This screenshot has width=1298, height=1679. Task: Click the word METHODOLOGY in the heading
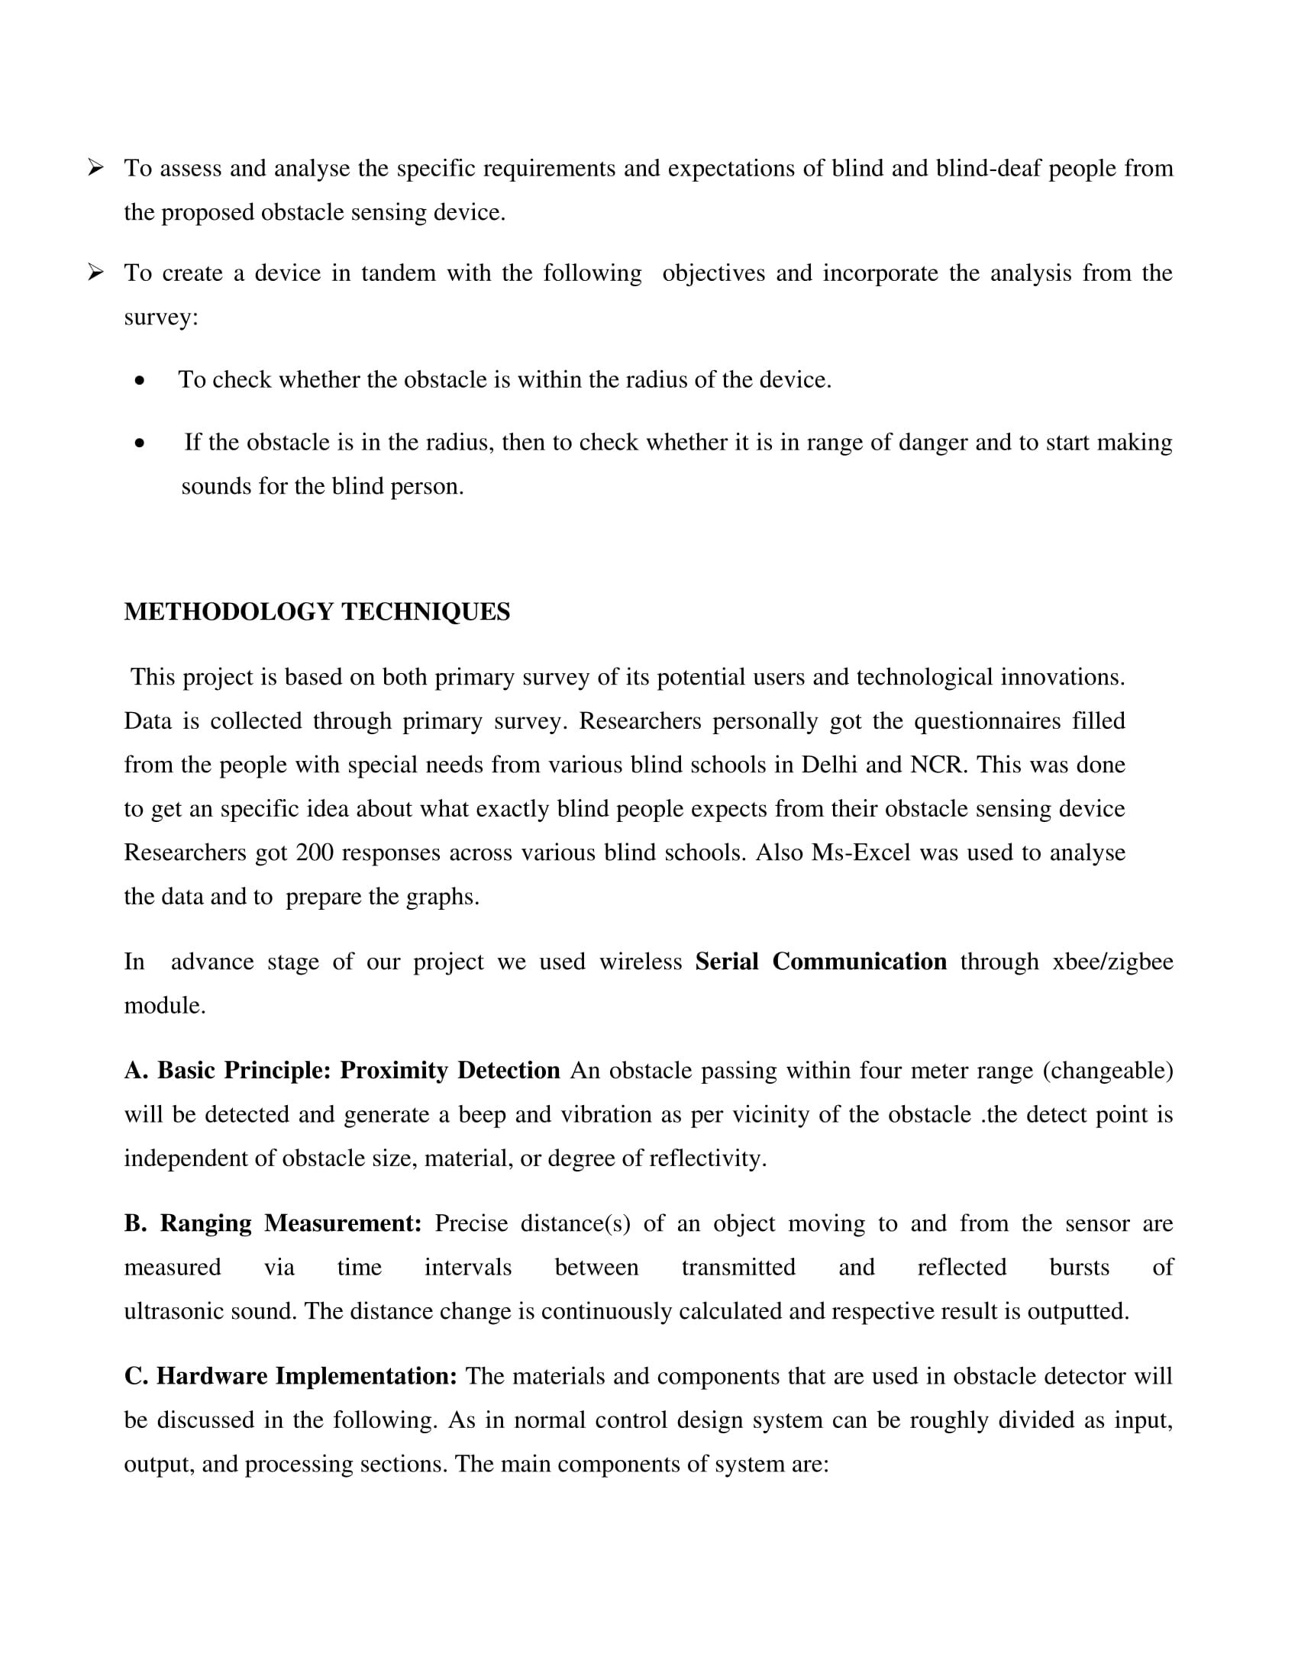(228, 612)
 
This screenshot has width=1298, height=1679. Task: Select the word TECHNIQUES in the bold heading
(425, 612)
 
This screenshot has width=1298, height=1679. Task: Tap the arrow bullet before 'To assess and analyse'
(95, 167)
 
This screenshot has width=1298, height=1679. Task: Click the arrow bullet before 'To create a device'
(95, 272)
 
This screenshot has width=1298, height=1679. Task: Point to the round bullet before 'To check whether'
(139, 381)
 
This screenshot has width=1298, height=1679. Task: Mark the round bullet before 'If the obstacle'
(139, 443)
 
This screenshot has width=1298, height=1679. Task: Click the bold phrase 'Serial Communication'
(821, 962)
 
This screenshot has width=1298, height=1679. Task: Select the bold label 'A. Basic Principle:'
(228, 1071)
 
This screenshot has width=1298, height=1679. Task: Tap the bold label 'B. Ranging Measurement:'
(273, 1224)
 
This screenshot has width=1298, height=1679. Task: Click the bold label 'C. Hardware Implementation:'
(291, 1376)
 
